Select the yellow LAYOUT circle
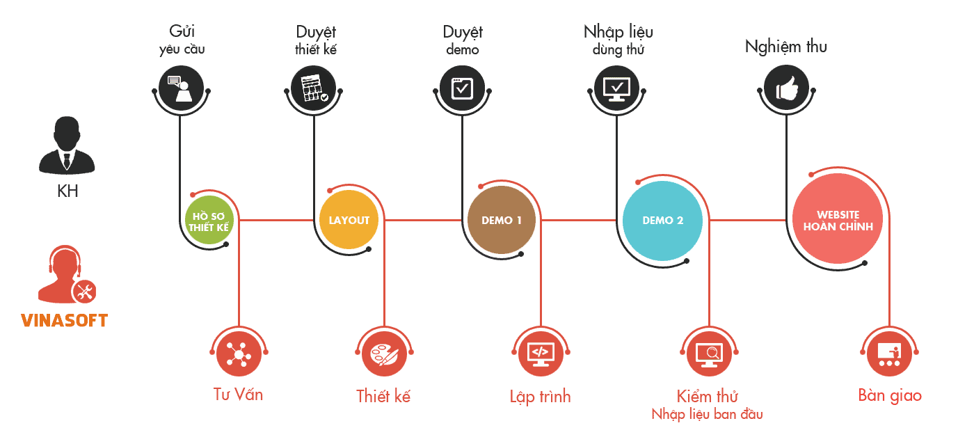point(349,221)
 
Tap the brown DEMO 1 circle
point(502,221)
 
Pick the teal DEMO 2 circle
point(662,221)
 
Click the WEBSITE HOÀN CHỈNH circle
point(838,221)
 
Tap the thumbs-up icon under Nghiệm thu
point(786,89)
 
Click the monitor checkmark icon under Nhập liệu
point(616,89)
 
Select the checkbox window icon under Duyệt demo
point(462,89)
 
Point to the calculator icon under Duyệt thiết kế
point(314,89)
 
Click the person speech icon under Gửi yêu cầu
point(180,89)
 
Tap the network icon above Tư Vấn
point(239,355)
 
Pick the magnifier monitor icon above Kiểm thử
point(709,355)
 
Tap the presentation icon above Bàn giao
point(889,355)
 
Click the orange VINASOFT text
point(64,321)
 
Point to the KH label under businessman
point(67,191)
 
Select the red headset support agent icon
point(66,275)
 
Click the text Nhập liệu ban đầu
point(707,415)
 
